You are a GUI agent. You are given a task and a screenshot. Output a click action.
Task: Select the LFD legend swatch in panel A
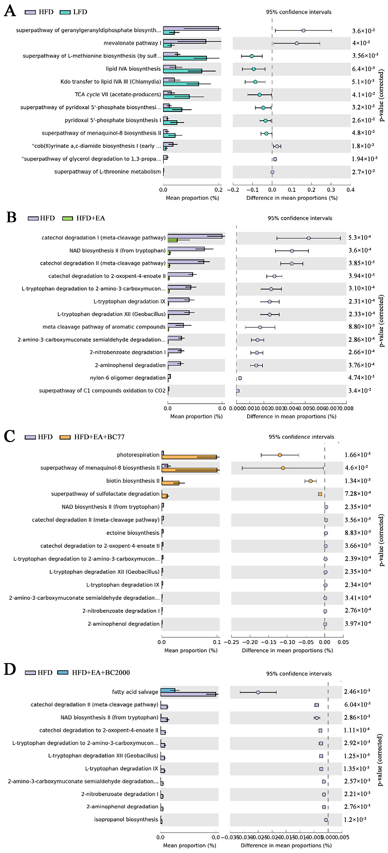[x=65, y=12]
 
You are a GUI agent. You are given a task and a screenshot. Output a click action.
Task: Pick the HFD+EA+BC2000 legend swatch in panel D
[x=63, y=672]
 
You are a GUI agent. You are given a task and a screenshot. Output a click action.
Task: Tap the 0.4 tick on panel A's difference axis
[x=350, y=190]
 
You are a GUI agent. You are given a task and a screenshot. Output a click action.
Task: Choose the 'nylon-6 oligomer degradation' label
[x=128, y=378]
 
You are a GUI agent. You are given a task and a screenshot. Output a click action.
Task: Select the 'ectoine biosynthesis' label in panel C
[x=133, y=533]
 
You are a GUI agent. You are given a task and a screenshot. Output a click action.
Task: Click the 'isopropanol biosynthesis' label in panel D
[x=126, y=819]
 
